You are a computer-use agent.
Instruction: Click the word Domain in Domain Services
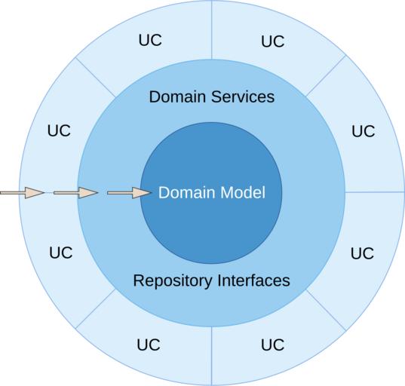click(177, 96)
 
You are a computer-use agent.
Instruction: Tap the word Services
click(243, 96)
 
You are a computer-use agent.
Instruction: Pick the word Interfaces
click(253, 280)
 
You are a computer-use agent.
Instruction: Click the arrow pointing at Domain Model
click(129, 192)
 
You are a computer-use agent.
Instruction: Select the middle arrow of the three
click(75, 192)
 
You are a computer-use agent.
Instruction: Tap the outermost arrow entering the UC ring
click(22, 192)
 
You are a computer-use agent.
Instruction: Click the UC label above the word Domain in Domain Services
click(150, 40)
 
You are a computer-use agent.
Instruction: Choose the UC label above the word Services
click(273, 41)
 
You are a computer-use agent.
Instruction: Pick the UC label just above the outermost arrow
click(59, 130)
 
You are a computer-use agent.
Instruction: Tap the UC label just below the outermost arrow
click(61, 253)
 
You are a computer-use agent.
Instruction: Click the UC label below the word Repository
click(149, 345)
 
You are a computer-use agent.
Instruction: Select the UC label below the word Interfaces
click(272, 345)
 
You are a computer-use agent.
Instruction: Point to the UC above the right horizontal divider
click(364, 131)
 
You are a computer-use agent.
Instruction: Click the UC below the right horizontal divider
click(362, 253)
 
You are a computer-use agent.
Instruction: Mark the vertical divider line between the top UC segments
click(211, 29)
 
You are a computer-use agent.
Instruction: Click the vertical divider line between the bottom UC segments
click(211, 356)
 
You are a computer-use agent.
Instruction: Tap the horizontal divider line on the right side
click(375, 192)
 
